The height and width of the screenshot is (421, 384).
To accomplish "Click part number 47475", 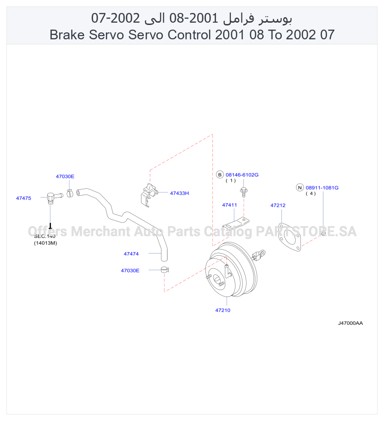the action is click(x=24, y=198).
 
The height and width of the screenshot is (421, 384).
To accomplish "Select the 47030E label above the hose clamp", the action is click(x=65, y=176).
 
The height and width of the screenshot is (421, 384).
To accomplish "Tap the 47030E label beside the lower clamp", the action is click(x=130, y=270).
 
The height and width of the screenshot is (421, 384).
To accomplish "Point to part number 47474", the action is click(x=131, y=254).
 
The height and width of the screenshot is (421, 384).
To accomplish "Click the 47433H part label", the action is click(x=180, y=193).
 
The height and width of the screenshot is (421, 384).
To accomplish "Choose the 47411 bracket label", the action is click(x=229, y=205).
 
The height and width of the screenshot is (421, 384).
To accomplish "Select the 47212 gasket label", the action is click(x=278, y=205).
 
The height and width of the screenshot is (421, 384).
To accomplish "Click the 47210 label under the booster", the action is click(x=223, y=310).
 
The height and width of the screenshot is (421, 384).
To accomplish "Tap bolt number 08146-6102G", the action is click(x=242, y=175).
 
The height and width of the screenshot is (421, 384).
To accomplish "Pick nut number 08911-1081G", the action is click(x=322, y=188).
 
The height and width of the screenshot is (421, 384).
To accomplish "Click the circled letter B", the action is click(x=220, y=174).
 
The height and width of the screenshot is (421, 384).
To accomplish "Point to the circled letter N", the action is click(x=300, y=187).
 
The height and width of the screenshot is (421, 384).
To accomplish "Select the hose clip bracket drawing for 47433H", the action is click(x=149, y=195).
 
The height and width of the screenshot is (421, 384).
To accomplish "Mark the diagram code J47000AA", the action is click(x=350, y=323).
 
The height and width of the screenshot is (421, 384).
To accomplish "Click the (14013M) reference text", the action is click(x=45, y=243).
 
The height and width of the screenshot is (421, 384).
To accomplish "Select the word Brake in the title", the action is click(x=67, y=35).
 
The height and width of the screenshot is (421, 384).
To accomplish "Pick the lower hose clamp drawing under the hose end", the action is click(x=165, y=269).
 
